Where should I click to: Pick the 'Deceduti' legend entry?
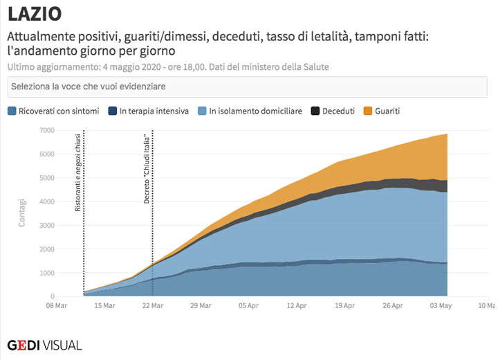pyautogui.click(x=333, y=111)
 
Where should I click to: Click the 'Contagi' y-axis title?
pyautogui.click(x=23, y=213)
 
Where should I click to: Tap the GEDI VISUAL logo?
pyautogui.click(x=44, y=344)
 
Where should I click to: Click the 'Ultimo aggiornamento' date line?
pyautogui.click(x=168, y=67)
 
